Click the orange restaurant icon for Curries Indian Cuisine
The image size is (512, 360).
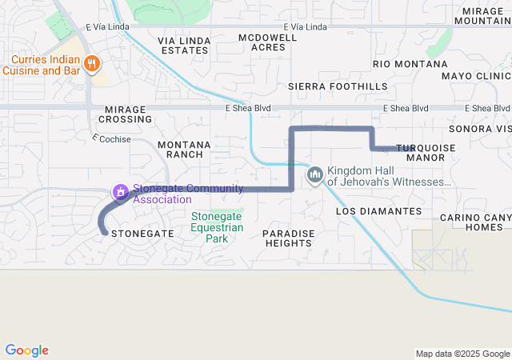92,62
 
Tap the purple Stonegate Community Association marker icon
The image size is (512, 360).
120,191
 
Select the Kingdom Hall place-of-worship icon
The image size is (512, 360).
314,174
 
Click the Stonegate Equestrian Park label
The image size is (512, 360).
217,226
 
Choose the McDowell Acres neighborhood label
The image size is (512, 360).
262,42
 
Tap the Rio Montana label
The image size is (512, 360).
410,64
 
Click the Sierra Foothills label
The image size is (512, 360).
337,86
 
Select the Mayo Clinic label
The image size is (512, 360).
475,77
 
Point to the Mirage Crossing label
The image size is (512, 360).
125,114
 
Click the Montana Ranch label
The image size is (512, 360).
184,149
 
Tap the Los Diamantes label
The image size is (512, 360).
378,211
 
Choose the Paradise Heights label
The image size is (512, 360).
289,238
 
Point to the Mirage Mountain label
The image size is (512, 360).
482,15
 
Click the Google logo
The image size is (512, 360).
26,350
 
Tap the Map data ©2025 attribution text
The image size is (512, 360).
462,354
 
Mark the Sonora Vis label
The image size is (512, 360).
480,128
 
